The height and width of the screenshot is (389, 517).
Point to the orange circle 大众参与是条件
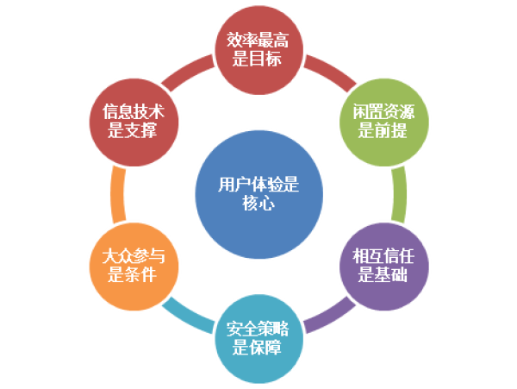[x=134, y=267]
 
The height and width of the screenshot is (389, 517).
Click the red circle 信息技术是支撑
[x=134, y=122]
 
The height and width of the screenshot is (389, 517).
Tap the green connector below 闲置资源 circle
[x=398, y=193]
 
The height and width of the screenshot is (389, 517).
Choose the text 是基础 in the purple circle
[x=380, y=277]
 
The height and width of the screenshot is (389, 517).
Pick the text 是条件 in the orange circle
[x=134, y=277]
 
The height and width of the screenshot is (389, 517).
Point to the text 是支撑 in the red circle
[x=134, y=132]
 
